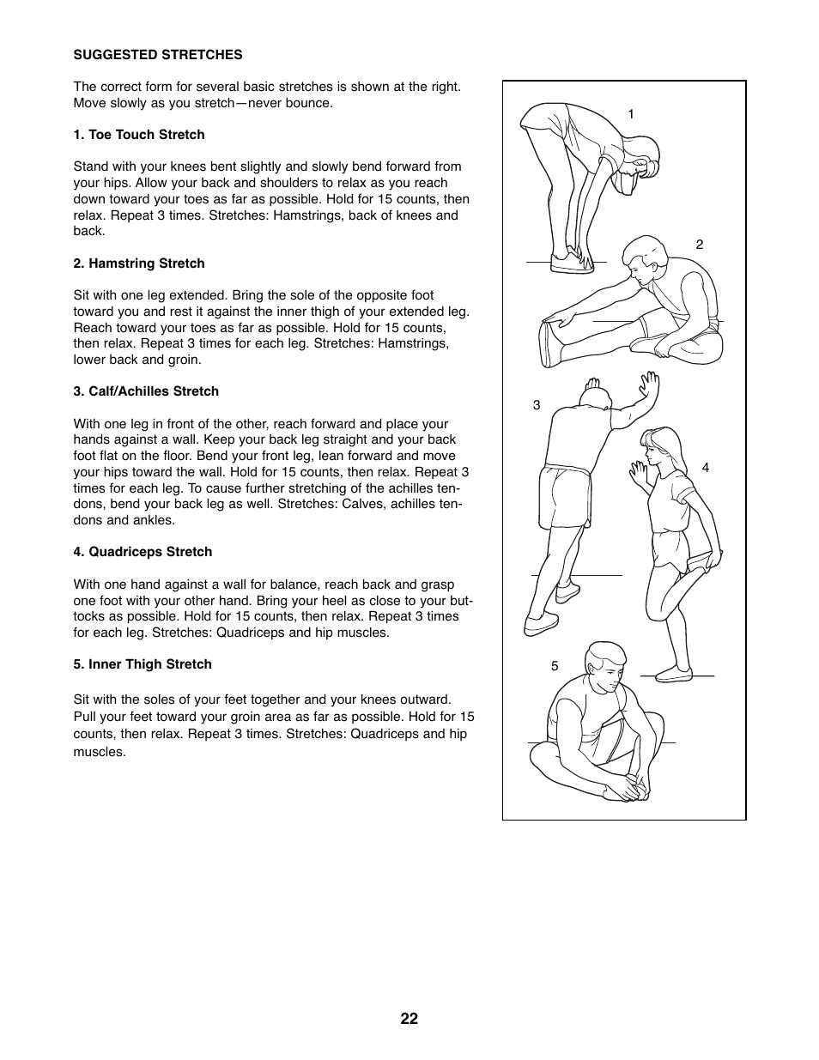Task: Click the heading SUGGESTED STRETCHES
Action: (x=158, y=55)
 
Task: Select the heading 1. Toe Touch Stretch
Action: (x=139, y=135)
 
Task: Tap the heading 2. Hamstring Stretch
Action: (x=139, y=263)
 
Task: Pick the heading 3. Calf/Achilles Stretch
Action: (x=146, y=391)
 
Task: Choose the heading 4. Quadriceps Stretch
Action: (x=143, y=552)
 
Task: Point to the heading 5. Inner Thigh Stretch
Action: (x=143, y=664)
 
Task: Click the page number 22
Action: (x=409, y=1019)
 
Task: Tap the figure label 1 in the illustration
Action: (x=631, y=114)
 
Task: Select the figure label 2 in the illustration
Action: (x=700, y=245)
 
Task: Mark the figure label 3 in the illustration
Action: (x=537, y=405)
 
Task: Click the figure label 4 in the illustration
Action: (x=706, y=468)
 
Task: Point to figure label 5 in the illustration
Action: (x=555, y=666)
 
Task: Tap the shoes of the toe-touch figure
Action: (x=571, y=261)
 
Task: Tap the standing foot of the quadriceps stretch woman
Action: (x=675, y=674)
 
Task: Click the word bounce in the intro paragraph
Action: (x=311, y=103)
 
